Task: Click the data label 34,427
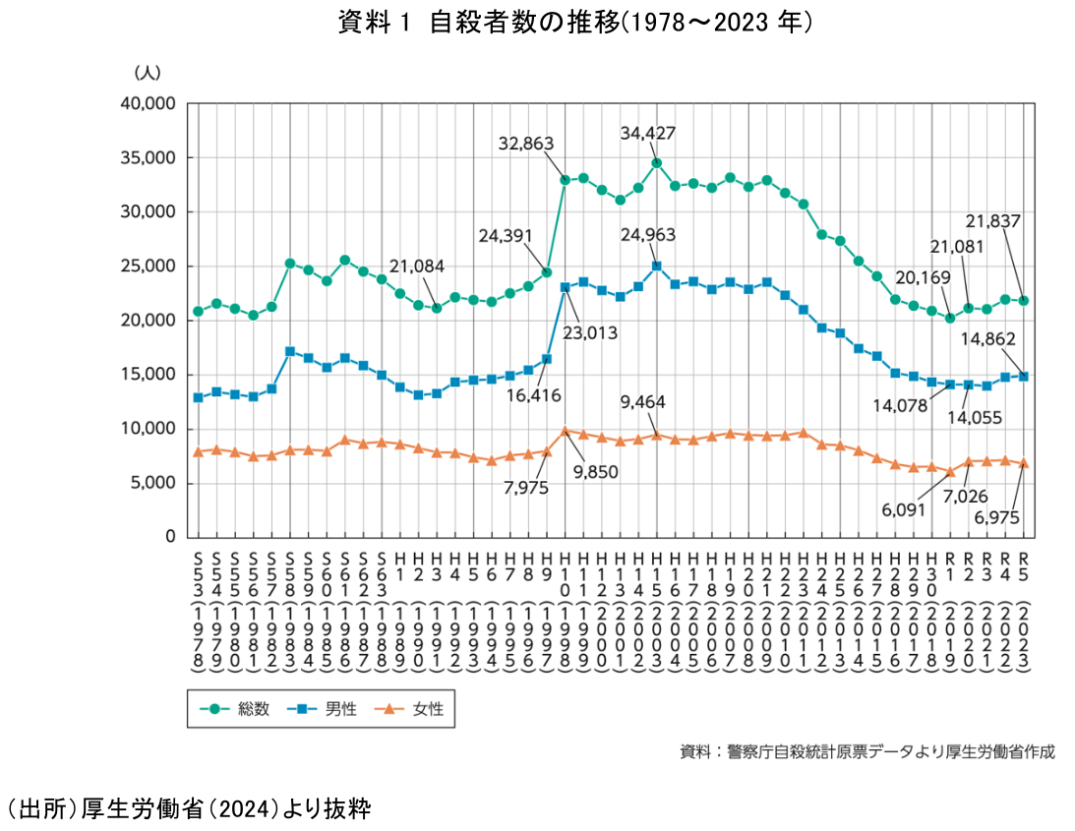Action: coord(648,133)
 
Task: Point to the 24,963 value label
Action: coord(648,235)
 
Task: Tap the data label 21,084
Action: coord(416,266)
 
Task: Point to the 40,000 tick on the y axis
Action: coord(147,103)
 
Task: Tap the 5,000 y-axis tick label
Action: coord(151,483)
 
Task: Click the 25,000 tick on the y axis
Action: coord(147,266)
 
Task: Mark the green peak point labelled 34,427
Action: coord(656,163)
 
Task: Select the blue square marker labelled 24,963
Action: coord(656,266)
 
